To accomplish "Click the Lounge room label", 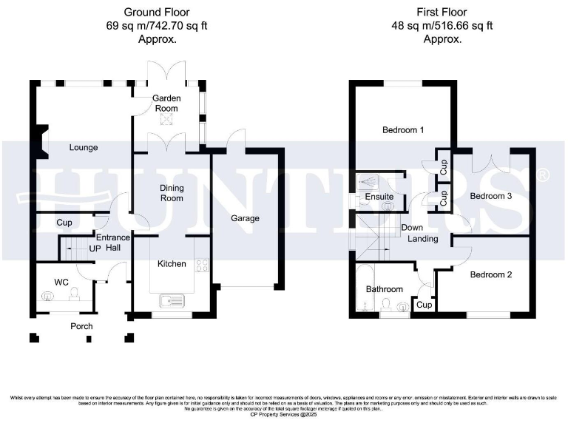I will [84, 147].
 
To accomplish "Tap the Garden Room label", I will [166, 103].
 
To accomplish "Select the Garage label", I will [244, 218].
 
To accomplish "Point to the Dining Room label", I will [172, 193].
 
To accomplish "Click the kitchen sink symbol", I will [175, 300].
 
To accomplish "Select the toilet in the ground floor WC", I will [74, 296].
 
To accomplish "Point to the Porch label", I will [81, 326].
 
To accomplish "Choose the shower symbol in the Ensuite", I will [368, 182].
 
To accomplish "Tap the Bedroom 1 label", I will [403, 130].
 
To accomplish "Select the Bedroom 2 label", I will [490, 274].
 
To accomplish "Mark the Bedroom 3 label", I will [491, 196].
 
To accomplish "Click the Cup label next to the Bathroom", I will [424, 304].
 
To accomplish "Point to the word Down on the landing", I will [412, 228].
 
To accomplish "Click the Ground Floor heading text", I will [157, 12].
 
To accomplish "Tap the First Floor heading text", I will [442, 12].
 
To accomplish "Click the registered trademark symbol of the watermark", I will [543, 175].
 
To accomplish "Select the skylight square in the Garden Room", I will [166, 122].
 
